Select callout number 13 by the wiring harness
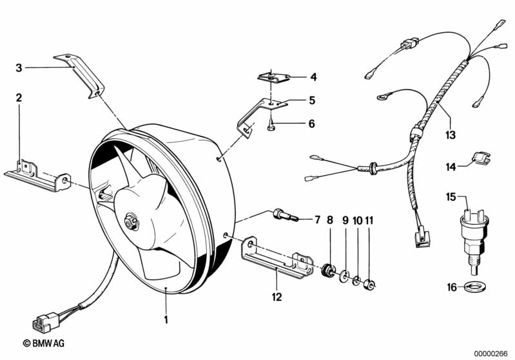coord(450,135)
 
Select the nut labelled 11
coord(370,283)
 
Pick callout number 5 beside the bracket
coord(312,100)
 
